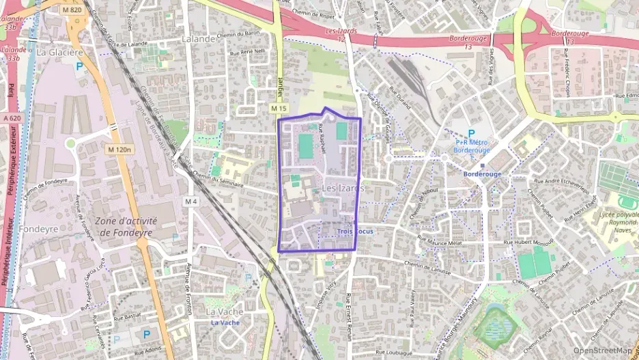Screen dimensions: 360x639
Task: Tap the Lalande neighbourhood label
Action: click(x=199, y=39)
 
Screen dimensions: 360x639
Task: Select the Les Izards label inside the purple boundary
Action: click(x=343, y=188)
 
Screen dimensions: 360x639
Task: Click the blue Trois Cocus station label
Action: click(x=355, y=232)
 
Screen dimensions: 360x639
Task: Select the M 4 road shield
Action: click(x=190, y=202)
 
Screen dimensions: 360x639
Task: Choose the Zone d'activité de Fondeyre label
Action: click(x=126, y=227)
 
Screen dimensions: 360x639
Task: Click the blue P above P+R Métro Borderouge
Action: click(x=470, y=133)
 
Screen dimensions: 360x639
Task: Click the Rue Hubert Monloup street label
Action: click(x=528, y=243)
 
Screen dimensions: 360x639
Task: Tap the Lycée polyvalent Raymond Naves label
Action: click(x=617, y=223)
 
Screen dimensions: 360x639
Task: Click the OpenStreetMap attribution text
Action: click(x=603, y=350)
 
